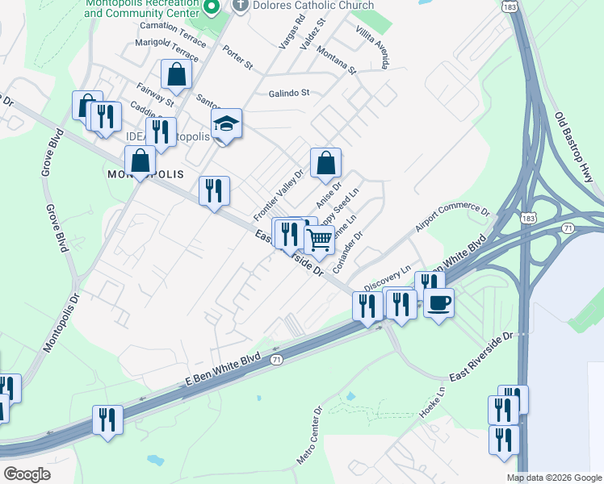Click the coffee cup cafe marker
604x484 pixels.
click(x=438, y=303)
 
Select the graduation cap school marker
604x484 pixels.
click(x=227, y=124)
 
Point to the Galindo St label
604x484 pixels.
click(x=289, y=93)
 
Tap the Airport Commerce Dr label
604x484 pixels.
click(x=453, y=219)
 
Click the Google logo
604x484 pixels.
click(x=27, y=474)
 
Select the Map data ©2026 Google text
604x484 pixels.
click(x=554, y=478)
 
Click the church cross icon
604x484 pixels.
click(x=240, y=6)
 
